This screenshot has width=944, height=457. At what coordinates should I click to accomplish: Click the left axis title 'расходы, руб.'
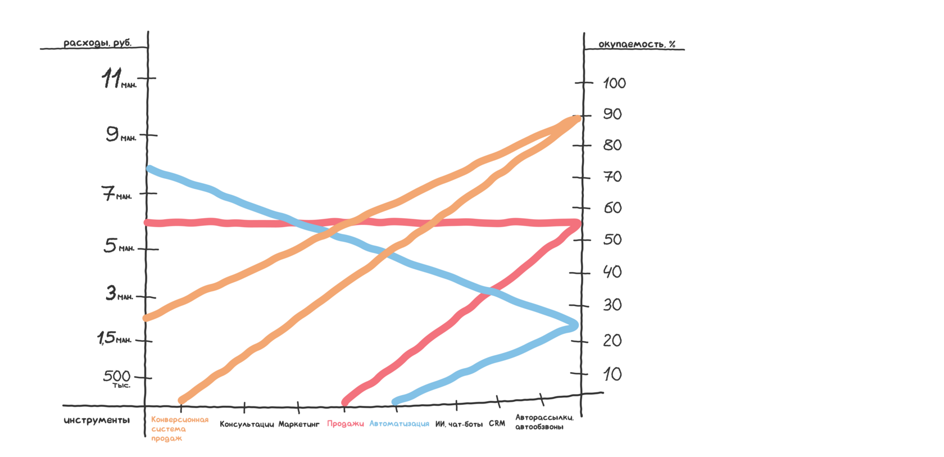tap(97, 43)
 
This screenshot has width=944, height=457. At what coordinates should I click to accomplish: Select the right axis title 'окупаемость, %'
tap(637, 44)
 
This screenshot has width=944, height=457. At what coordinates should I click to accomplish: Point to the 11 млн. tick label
tap(119, 79)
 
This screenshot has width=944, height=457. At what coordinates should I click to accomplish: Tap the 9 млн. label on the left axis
tap(120, 134)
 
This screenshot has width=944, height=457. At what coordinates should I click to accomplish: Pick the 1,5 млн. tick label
tap(114, 338)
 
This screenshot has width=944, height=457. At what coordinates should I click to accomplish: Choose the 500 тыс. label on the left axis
tap(117, 378)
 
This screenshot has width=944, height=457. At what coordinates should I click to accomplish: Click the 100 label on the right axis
tap(614, 84)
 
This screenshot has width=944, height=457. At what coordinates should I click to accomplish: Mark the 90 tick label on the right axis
tap(612, 114)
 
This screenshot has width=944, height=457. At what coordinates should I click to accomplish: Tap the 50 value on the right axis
tap(612, 239)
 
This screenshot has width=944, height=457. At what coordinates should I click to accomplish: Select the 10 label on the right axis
tap(612, 374)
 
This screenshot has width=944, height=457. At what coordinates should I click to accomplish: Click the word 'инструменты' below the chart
tap(97, 420)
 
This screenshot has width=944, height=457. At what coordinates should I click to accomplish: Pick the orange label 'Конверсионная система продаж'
tap(179, 429)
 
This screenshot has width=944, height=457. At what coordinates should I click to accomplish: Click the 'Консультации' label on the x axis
tap(247, 424)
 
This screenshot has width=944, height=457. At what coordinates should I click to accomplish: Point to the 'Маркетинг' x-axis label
tap(299, 424)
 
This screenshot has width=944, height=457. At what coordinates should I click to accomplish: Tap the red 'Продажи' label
tap(346, 424)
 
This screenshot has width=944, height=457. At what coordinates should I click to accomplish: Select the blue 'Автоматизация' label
tap(399, 424)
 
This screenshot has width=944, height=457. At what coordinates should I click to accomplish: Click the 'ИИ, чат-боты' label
tap(459, 424)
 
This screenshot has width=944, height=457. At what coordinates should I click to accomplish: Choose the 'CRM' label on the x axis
tap(497, 423)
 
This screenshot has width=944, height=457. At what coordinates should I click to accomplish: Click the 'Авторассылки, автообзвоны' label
tap(544, 422)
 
